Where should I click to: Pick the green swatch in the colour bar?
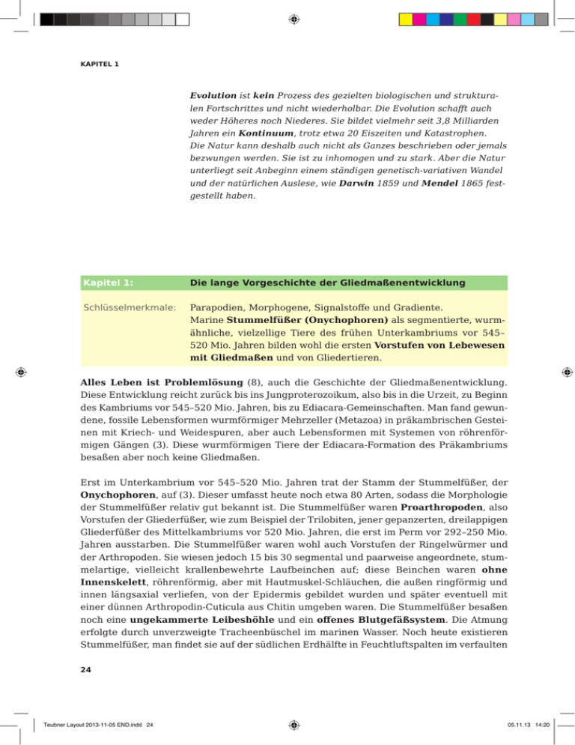pos(457,19)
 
